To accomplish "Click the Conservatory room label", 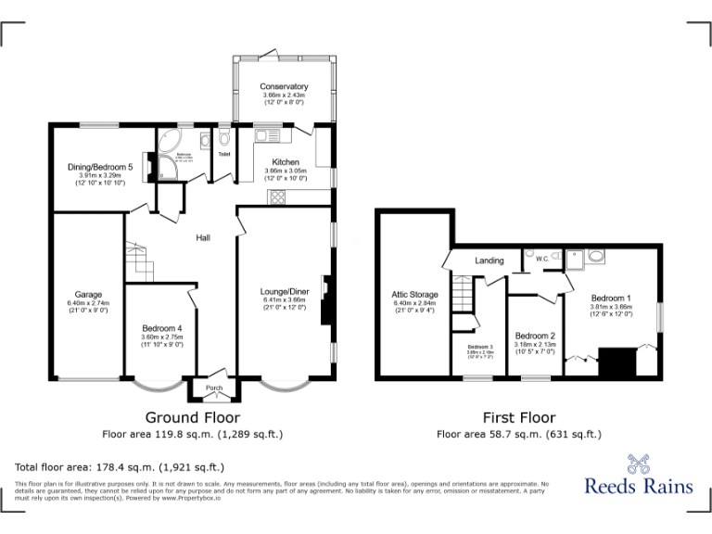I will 285,87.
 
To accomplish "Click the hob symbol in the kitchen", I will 275,197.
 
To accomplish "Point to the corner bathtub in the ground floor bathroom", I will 170,145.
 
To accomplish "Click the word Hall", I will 202,238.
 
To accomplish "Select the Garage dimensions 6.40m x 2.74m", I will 88,303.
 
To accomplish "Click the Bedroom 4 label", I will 162,329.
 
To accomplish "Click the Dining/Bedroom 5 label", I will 100,167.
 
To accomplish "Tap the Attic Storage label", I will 414,295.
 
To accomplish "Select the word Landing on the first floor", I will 489,261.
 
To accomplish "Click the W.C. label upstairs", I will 542,259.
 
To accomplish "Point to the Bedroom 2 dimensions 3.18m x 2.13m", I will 535,345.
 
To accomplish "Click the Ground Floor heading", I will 192,418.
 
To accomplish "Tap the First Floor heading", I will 518,418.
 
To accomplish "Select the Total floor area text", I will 120,467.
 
